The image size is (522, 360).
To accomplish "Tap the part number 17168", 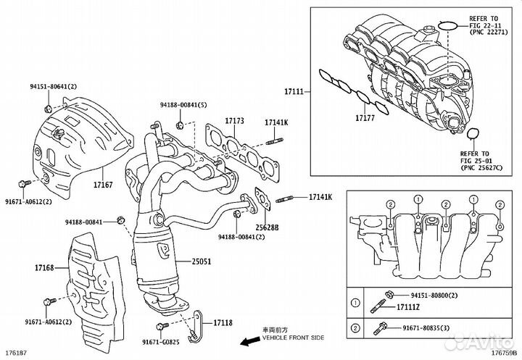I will tap(24, 269).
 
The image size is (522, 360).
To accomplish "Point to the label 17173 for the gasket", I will tap(234, 120).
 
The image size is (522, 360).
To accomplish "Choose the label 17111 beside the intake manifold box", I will tap(294, 93).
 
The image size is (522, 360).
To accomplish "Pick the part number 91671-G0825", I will tap(160, 341).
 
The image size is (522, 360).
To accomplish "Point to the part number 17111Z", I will tap(406, 308).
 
